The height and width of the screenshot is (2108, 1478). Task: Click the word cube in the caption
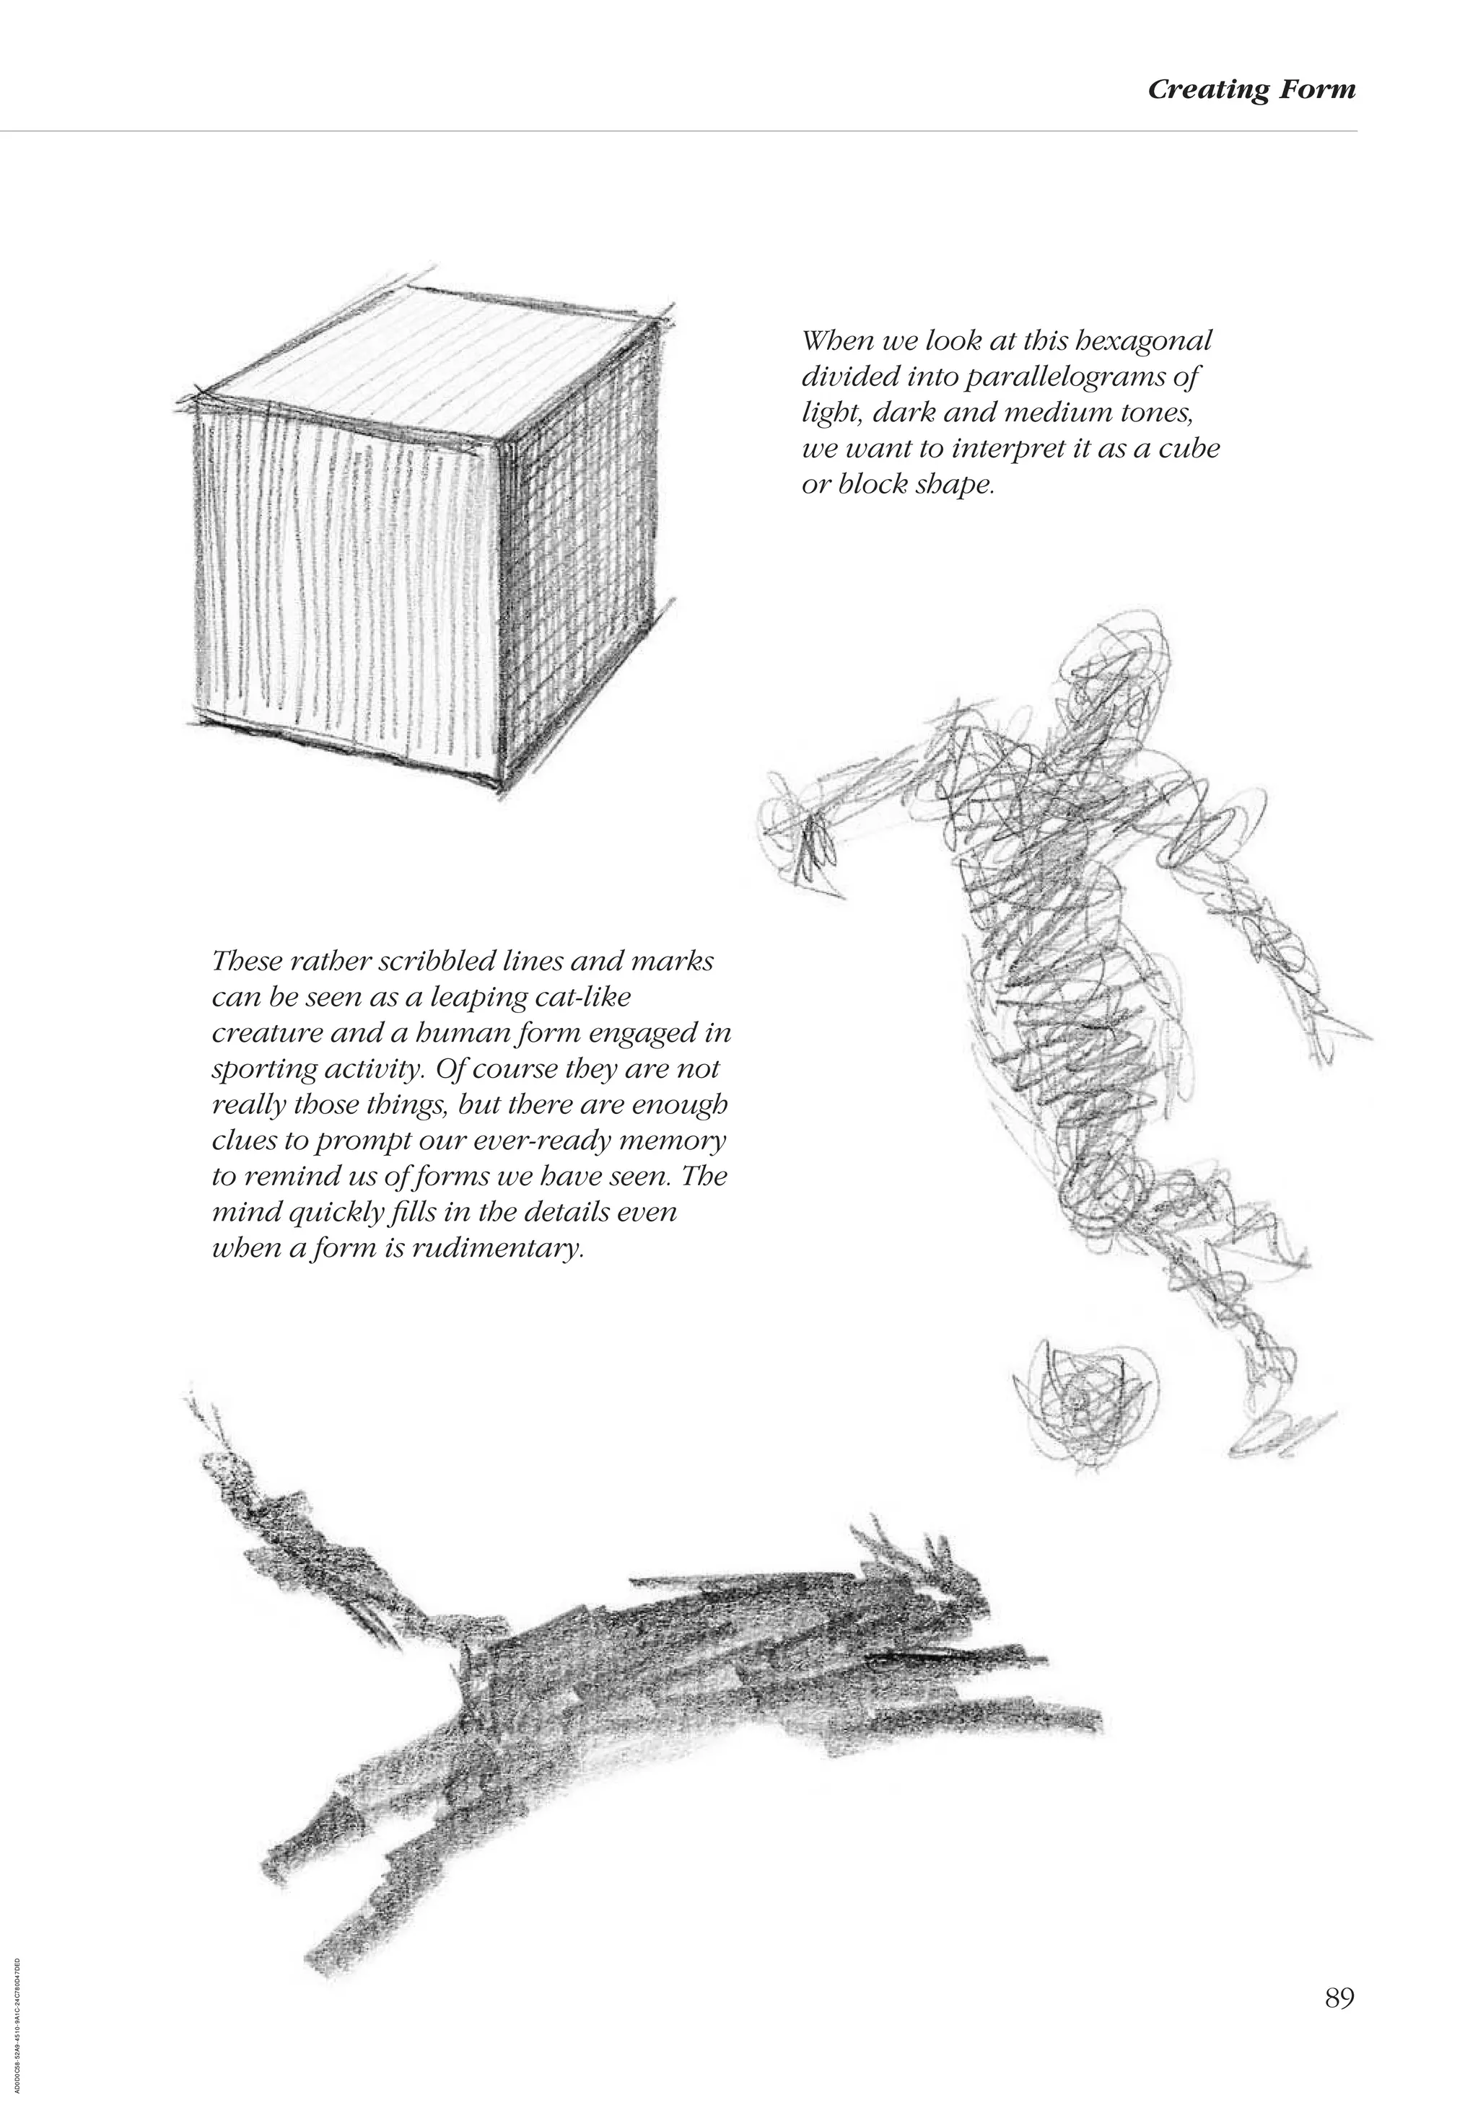[1191, 450]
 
